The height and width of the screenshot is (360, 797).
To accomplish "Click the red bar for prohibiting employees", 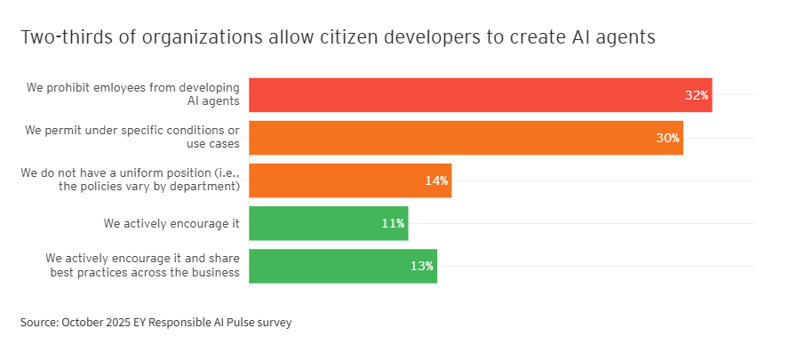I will [x=480, y=95].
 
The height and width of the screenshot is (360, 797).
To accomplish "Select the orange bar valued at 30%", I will [x=466, y=138].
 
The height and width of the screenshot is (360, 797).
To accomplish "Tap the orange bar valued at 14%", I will [x=350, y=180].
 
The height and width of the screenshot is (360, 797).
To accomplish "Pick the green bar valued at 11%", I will [x=328, y=223].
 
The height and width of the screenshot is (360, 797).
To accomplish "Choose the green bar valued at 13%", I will [x=342, y=266].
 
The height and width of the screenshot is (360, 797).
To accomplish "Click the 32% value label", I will [x=696, y=95].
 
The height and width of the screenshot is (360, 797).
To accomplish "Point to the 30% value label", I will [x=667, y=138].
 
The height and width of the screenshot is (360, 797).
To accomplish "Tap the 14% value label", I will [x=435, y=180].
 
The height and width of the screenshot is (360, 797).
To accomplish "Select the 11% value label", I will [x=393, y=223].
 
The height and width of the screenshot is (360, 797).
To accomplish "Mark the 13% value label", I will [x=421, y=266].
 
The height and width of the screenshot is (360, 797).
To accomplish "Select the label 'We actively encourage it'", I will [x=171, y=223].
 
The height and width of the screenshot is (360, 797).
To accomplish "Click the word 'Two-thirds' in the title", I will [x=60, y=37].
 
